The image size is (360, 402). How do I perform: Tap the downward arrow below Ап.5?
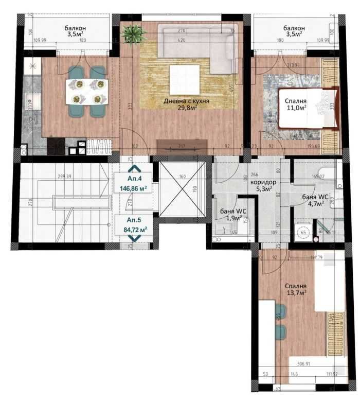(135, 238)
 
